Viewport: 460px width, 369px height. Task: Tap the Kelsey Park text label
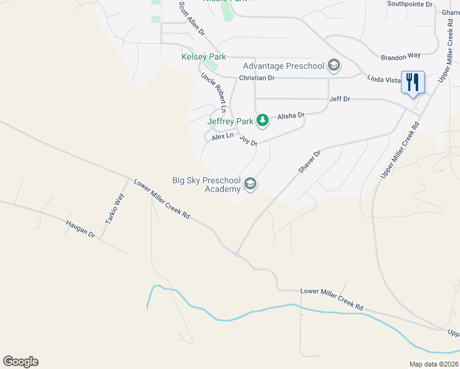(x=204, y=57)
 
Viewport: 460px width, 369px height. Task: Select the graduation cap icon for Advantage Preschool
(x=334, y=65)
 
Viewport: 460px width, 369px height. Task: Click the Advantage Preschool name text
(x=284, y=66)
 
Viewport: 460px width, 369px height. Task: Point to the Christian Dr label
(x=256, y=78)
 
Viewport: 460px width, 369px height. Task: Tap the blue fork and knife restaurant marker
(x=413, y=82)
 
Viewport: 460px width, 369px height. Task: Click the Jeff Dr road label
(x=339, y=98)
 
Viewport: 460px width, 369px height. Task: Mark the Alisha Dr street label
(x=291, y=116)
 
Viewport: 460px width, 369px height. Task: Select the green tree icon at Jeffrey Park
(x=263, y=120)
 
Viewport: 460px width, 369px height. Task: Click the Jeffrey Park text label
(x=230, y=121)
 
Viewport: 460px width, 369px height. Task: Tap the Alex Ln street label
(x=223, y=137)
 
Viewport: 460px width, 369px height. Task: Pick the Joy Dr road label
(x=248, y=141)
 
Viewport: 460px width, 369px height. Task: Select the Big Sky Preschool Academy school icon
(x=250, y=184)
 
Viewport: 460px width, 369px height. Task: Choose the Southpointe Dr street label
(x=410, y=4)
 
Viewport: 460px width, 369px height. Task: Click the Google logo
(x=20, y=362)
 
